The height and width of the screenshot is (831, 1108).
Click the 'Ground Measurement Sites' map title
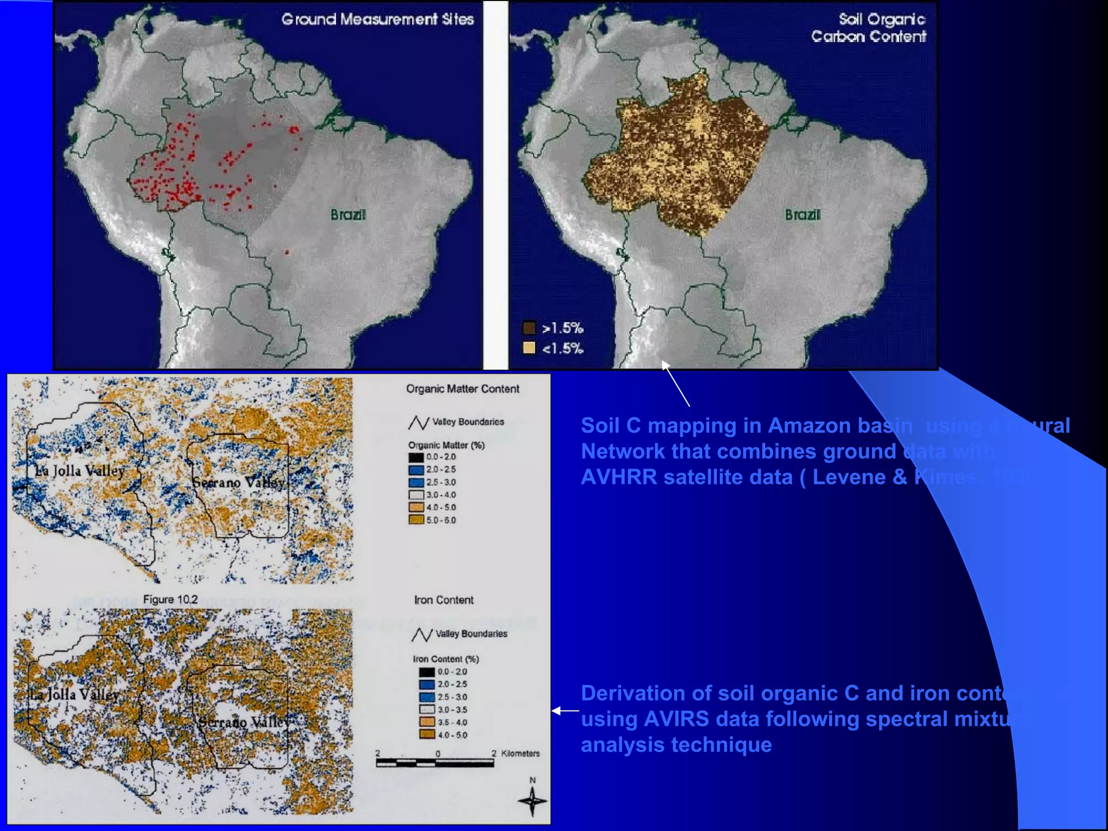click(x=377, y=19)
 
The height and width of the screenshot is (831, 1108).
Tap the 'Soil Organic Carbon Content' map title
click(x=869, y=28)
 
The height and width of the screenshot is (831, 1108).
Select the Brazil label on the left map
click(x=348, y=215)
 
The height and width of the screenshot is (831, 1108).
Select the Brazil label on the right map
click(x=802, y=215)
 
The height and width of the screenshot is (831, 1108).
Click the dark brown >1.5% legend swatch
click(x=529, y=327)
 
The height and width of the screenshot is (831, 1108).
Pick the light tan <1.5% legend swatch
click(x=529, y=348)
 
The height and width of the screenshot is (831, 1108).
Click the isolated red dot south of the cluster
click(x=287, y=252)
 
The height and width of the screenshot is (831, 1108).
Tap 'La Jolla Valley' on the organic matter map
click(x=80, y=471)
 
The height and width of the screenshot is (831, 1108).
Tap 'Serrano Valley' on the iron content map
click(x=243, y=722)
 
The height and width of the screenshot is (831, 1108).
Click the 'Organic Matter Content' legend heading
click(x=463, y=389)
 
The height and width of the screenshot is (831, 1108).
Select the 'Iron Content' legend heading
click(x=444, y=600)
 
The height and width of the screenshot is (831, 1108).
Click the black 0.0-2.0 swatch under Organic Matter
click(x=415, y=457)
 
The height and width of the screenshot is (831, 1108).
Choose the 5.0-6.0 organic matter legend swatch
click(x=415, y=520)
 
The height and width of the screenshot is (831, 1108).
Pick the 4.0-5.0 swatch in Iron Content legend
click(x=427, y=735)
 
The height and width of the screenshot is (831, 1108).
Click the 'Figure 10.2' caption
click(x=170, y=599)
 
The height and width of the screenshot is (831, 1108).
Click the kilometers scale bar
click(x=435, y=763)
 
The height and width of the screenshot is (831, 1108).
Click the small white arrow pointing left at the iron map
click(x=565, y=711)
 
